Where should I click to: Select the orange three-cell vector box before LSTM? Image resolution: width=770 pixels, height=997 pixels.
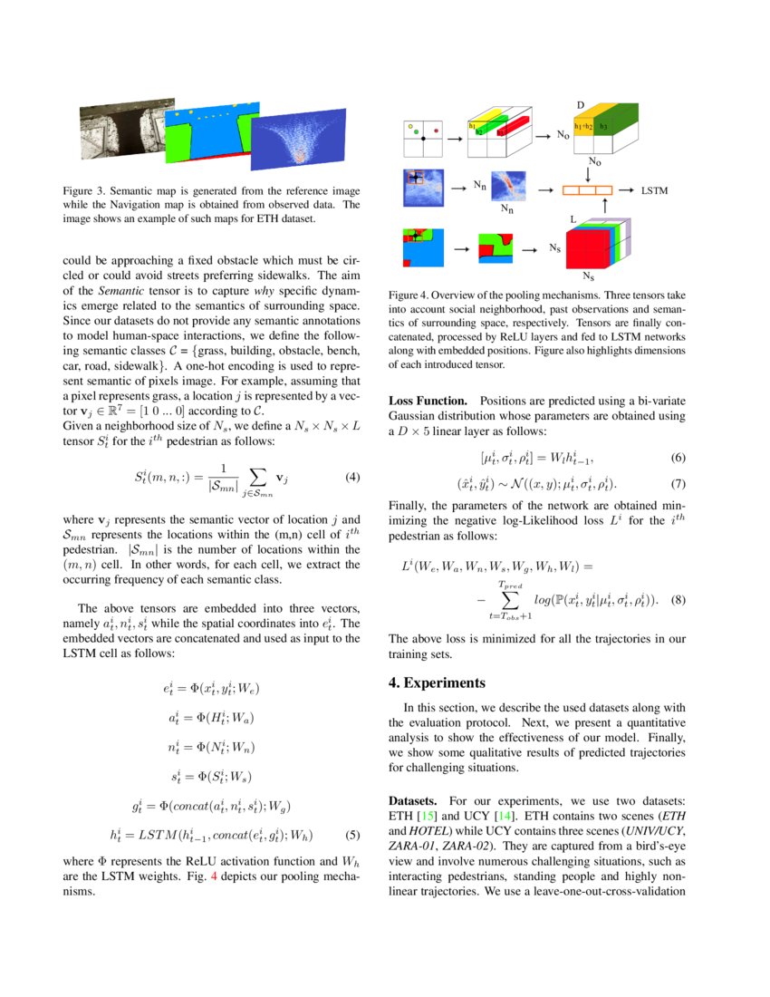pos(586,191)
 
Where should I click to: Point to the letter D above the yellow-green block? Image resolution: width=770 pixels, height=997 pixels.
pos(581,106)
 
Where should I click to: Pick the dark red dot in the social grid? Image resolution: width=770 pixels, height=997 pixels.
pos(437,131)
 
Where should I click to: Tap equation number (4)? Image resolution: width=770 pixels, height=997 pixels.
pos(354,477)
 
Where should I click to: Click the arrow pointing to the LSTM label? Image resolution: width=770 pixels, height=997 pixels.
pos(627,191)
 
